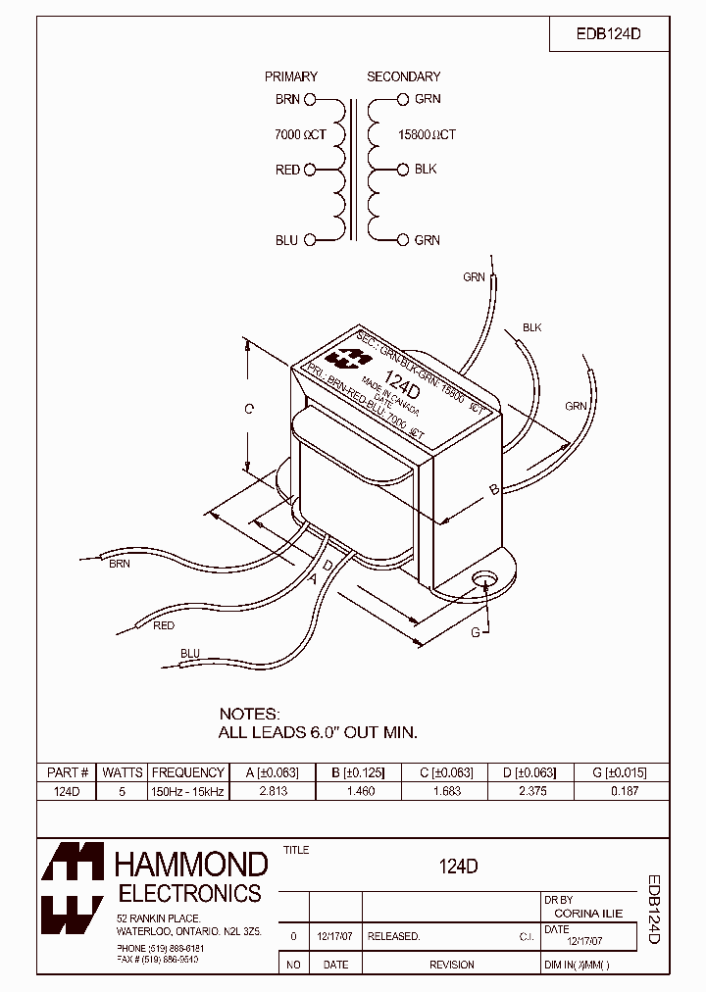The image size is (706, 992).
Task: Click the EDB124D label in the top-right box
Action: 608,34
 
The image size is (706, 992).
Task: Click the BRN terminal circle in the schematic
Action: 310,99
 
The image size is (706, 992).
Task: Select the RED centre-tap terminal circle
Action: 310,170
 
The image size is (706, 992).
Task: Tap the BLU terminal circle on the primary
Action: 310,240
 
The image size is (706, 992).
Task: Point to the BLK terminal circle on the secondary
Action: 403,170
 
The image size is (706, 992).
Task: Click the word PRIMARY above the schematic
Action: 291,76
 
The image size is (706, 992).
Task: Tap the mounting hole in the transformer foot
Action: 481,580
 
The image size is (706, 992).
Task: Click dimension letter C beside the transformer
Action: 249,409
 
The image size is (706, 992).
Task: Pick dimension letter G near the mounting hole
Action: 476,632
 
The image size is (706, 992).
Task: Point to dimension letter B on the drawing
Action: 494,488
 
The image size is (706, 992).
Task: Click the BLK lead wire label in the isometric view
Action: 531,327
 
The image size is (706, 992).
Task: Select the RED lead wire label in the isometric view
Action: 164,625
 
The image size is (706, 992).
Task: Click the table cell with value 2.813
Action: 272,791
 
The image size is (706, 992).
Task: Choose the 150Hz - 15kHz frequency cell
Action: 188,791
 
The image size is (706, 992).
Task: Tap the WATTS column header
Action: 123,772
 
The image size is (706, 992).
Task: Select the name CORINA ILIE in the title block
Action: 588,914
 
